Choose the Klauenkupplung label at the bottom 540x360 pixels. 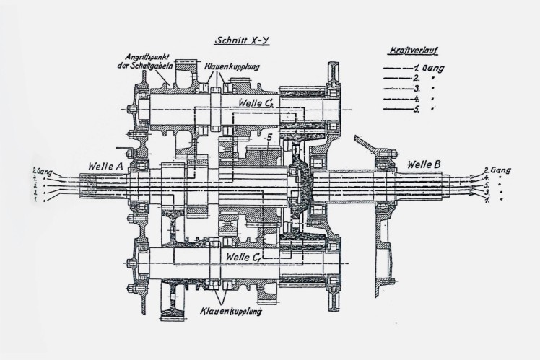pyautogui.click(x=228, y=315)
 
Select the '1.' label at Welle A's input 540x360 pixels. pyautogui.click(x=35, y=200)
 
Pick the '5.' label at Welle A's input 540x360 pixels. pyautogui.click(x=35, y=186)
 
